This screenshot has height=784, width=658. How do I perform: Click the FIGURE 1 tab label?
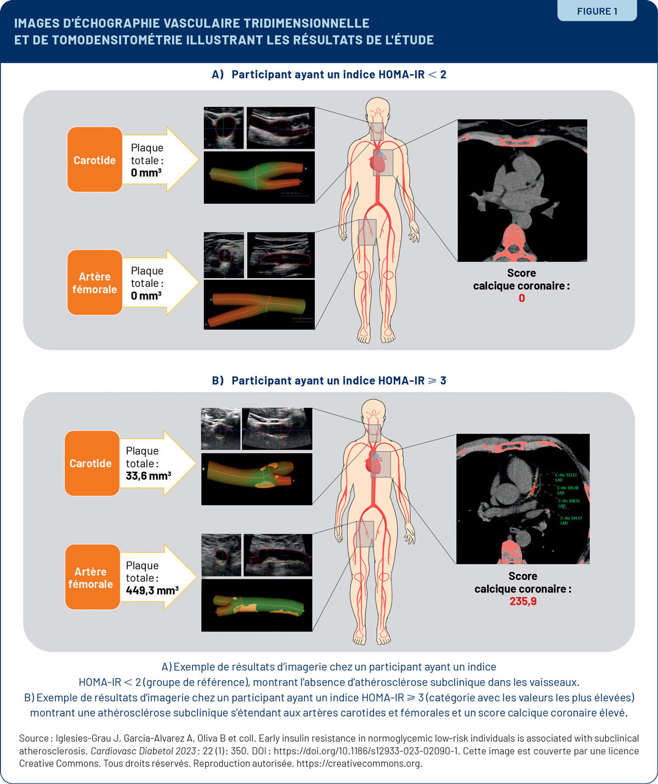tap(597, 11)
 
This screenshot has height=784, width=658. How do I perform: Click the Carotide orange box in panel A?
tap(94, 160)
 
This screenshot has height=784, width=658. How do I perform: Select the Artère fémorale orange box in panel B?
tap(90, 577)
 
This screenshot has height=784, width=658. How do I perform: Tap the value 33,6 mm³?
tap(148, 476)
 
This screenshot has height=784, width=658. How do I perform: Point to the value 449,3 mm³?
tap(152, 590)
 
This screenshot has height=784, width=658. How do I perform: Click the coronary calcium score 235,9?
tap(523, 601)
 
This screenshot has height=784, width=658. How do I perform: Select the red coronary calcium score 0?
tap(521, 298)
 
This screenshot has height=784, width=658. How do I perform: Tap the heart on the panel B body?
tap(376, 464)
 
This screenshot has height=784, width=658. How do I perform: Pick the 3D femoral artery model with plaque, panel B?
tap(257, 605)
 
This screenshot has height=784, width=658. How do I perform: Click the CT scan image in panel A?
tap(522, 190)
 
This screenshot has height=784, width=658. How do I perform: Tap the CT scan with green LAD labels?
tap(523, 499)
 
